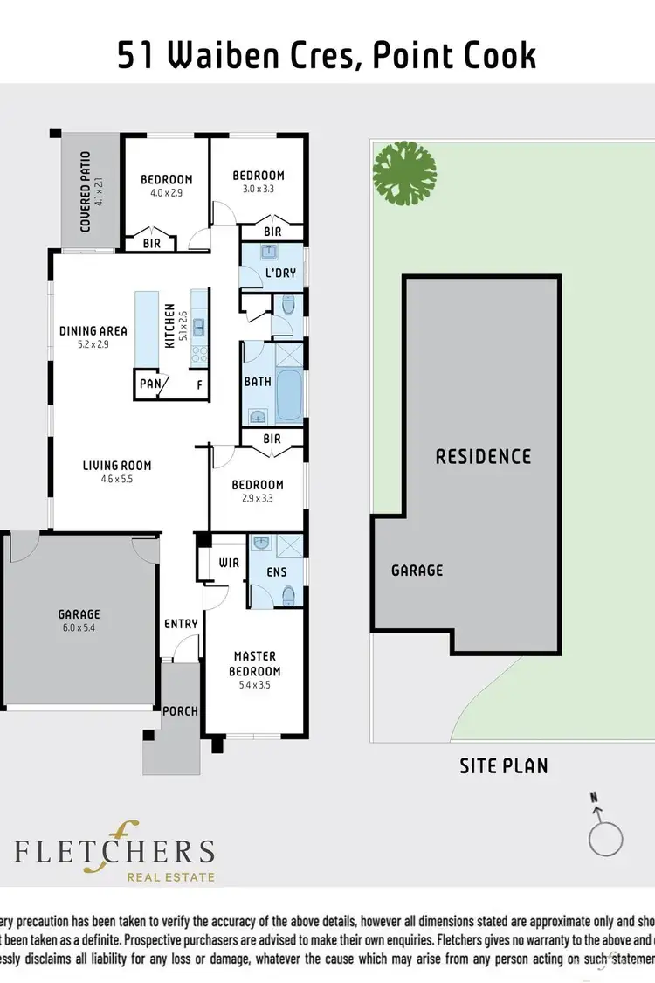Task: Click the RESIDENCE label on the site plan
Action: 483,456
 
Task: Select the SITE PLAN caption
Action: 504,766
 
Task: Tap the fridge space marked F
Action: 199,384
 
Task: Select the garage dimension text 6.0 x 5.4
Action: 79,627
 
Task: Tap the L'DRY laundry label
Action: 280,273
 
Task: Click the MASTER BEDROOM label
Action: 254,663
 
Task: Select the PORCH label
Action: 180,710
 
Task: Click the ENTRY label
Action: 181,623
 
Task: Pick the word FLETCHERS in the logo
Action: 114,852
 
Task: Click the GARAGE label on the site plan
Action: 417,570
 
